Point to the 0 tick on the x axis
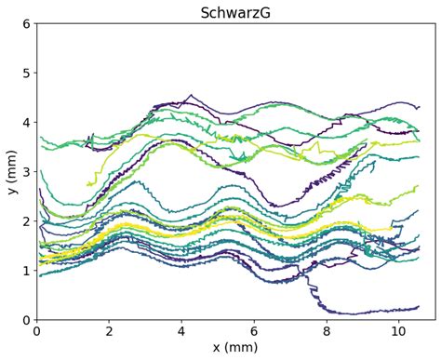point(36,330)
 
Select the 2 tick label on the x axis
point(109,330)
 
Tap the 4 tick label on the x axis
point(181,330)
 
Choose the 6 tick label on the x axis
point(254,330)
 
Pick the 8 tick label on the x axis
point(327,330)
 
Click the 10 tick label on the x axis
point(399,330)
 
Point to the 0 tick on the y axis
point(25,319)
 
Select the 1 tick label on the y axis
point(25,270)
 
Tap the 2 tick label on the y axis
point(25,220)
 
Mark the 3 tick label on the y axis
point(25,171)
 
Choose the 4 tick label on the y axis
point(25,122)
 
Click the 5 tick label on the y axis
point(25,73)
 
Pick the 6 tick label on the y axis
point(25,23)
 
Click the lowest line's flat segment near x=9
point(363,313)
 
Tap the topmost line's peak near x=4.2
point(191,95)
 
